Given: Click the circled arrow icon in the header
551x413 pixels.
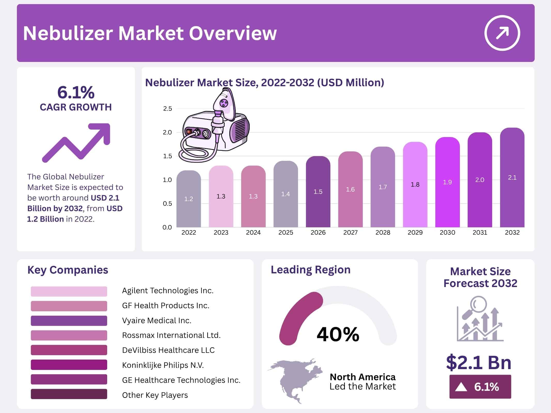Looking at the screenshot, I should point(502,33).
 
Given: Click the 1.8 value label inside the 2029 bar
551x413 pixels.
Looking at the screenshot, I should point(415,185).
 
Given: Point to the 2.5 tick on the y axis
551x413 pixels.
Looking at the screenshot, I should point(167,109).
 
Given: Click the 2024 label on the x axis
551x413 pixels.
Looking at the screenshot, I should point(253,233).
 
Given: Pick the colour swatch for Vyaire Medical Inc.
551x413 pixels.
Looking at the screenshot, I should point(69,321).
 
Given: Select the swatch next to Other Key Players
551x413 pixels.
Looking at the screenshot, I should point(69,394).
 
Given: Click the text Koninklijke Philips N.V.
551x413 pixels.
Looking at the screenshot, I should point(163,365).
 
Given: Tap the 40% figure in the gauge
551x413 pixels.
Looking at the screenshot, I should point(338,334).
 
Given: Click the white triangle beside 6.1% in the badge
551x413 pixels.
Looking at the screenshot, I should point(461,387).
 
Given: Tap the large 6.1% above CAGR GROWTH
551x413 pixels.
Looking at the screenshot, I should point(76,92).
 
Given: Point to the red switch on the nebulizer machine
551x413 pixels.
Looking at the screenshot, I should point(189,132).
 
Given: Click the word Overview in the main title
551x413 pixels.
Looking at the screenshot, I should point(233,33).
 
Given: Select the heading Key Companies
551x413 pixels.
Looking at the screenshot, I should point(68,270).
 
